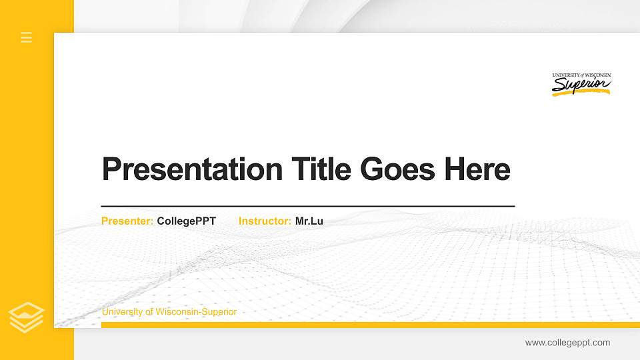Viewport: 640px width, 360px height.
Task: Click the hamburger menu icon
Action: (27, 37)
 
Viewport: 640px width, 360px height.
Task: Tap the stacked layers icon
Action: (27, 317)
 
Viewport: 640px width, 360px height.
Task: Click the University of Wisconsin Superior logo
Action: (581, 84)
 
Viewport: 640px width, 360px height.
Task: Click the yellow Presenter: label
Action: (127, 221)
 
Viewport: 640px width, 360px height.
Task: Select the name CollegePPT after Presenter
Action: (187, 221)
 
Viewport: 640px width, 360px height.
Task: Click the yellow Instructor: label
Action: (265, 221)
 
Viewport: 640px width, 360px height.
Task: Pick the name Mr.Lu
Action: (309, 221)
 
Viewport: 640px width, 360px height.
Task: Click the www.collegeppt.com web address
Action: (567, 343)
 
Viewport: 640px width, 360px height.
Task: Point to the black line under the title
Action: (307, 206)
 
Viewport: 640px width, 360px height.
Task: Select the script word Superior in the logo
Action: (580, 85)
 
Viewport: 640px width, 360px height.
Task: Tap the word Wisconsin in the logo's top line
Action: (597, 75)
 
